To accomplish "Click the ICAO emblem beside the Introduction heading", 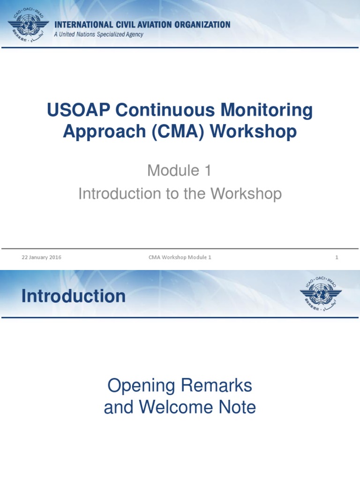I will click(321, 293).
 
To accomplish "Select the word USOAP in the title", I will click(78, 111).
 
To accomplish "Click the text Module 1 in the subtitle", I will click(180, 171).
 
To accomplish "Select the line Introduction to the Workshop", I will click(180, 193).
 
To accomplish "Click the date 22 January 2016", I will click(41, 257).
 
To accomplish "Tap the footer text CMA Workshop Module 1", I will click(180, 257).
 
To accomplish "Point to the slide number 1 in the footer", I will click(337, 257).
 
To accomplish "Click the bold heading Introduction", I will click(74, 296).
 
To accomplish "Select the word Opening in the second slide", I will click(141, 386).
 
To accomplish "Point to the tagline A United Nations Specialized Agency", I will click(98, 35).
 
